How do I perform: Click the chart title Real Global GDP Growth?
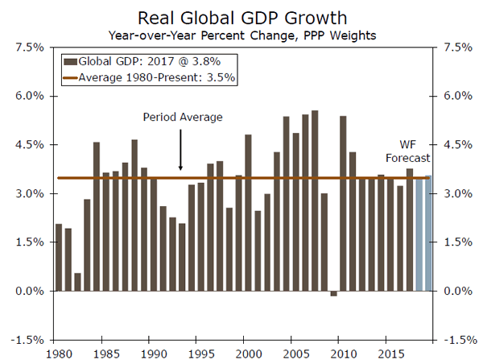pyautogui.click(x=242, y=18)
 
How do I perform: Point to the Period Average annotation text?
pyautogui.click(x=183, y=117)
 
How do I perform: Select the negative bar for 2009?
pyautogui.click(x=333, y=293)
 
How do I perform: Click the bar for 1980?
pyautogui.click(x=59, y=258)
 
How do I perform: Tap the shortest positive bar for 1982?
pyautogui.click(x=77, y=282)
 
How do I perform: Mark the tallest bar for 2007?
pyautogui.click(x=314, y=201)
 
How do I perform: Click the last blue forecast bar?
pyautogui.click(x=428, y=234)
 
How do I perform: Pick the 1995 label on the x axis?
pyautogui.click(x=200, y=353)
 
